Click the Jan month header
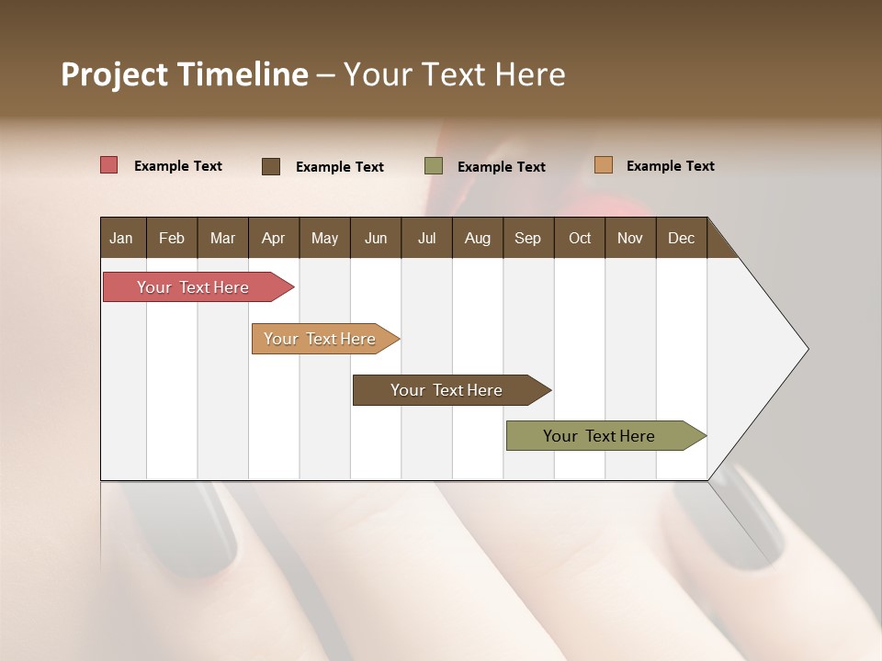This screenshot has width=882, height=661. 121,238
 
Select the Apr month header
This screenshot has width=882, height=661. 273,238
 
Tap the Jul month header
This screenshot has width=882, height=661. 426,238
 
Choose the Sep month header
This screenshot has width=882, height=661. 527,238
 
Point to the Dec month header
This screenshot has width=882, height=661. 681,238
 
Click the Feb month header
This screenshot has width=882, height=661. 172,238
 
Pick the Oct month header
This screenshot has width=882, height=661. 580,238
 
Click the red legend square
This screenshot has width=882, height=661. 109,165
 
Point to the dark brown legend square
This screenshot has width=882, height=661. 271,166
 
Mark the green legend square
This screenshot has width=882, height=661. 434,166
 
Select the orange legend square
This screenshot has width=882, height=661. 604,165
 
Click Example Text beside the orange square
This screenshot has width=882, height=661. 670,166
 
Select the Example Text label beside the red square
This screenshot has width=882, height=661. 178,166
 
